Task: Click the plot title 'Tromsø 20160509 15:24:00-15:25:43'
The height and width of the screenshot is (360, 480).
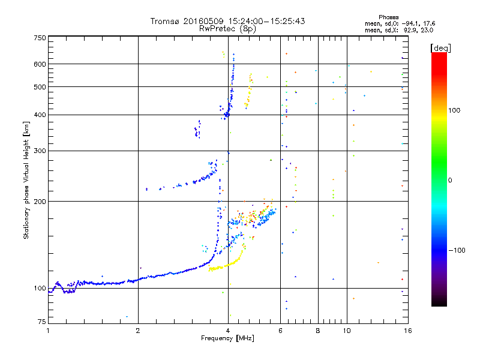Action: [x=227, y=21]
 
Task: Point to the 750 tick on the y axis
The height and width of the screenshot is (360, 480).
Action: [x=40, y=38]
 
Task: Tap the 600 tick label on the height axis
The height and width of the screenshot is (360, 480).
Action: [x=40, y=64]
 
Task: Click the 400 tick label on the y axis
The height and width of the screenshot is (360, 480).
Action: [x=40, y=115]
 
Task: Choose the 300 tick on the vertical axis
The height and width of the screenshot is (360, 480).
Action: [x=40, y=151]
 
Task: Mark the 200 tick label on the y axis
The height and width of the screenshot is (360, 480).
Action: [x=40, y=202]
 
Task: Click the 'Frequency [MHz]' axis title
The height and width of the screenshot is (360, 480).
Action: [x=227, y=339]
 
